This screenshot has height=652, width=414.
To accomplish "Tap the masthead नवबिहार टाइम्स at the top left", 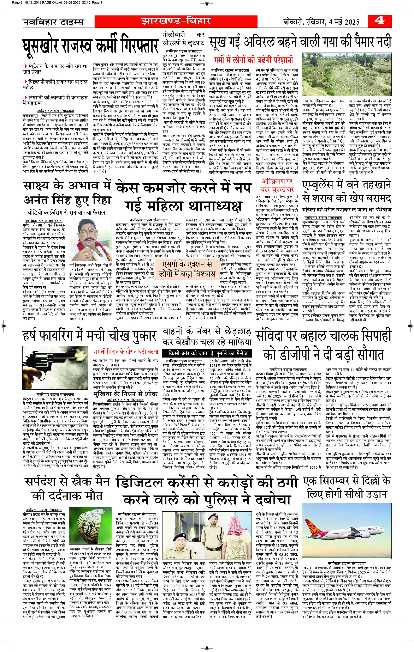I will pyautogui.click(x=53, y=22).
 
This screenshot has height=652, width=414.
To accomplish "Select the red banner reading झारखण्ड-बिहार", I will pyautogui.click(x=176, y=21).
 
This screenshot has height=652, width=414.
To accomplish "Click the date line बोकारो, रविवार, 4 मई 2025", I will pyautogui.click(x=321, y=22).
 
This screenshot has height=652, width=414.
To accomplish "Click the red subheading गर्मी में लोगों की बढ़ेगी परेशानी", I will pyautogui.click(x=254, y=60).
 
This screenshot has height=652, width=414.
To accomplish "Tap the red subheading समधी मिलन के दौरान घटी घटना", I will pyautogui.click(x=125, y=352).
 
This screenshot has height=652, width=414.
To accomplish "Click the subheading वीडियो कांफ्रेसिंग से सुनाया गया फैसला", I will pyautogui.click(x=67, y=213).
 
